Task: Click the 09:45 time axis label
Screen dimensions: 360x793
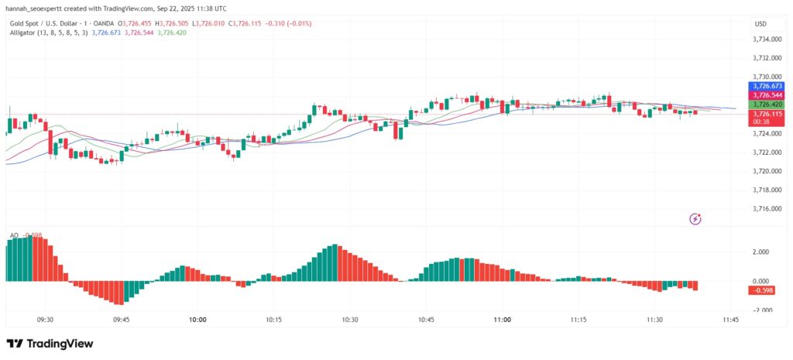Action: coord(121,319)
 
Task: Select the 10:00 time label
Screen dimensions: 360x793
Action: coord(197,319)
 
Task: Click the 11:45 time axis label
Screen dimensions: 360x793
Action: coord(730,319)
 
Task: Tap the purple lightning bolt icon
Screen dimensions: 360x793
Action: coord(695,219)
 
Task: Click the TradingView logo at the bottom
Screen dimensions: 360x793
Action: coord(50,344)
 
